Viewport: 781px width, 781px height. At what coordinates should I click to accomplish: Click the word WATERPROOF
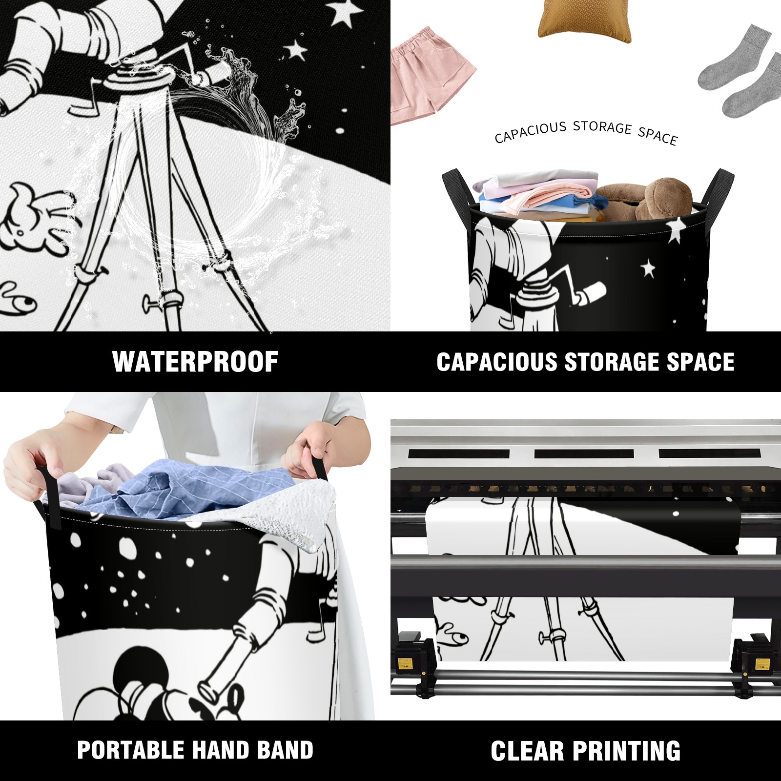pyautogui.click(x=195, y=362)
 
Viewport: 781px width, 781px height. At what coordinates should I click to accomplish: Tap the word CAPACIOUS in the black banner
pyautogui.click(x=497, y=362)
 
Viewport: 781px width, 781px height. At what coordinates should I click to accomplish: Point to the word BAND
pyautogui.click(x=285, y=750)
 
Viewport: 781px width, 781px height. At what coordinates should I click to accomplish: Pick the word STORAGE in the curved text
pyautogui.click(x=602, y=127)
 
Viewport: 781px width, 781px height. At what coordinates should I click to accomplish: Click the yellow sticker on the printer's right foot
pyautogui.click(x=760, y=665)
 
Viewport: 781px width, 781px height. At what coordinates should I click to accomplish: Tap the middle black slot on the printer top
pyautogui.click(x=584, y=453)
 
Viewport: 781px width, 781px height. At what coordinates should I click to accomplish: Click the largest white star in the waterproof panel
pyautogui.click(x=346, y=12)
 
